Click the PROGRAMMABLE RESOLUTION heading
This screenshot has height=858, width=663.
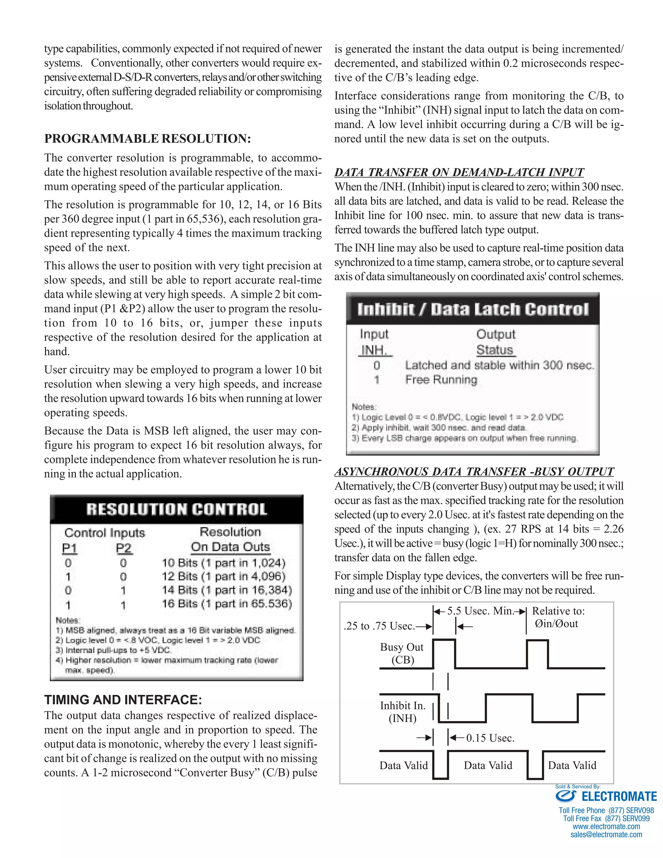coord(147,139)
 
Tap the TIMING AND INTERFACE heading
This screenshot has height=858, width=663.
coord(123,700)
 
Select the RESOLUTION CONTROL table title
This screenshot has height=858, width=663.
coord(177,509)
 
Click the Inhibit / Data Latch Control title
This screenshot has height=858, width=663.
coord(473,309)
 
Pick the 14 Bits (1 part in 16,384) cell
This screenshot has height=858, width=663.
coord(227,590)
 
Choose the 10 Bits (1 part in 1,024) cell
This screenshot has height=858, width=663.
coord(223,563)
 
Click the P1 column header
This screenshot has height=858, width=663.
coord(70,548)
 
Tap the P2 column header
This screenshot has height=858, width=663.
coord(124,548)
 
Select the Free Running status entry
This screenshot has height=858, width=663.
coord(441,379)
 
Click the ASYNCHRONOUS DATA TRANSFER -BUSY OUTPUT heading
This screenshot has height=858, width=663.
coord(474,471)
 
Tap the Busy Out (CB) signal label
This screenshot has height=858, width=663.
coord(402,653)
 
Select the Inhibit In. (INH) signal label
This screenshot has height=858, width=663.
coord(403,712)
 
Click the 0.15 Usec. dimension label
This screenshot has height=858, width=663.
coord(490,738)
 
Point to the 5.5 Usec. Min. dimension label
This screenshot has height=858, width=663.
coord(480,611)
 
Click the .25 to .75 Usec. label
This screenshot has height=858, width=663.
coord(379,626)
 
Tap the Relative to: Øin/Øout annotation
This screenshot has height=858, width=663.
coord(558,617)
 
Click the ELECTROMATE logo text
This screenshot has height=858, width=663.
coord(619,796)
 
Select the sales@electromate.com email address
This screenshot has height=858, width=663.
coord(606,834)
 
